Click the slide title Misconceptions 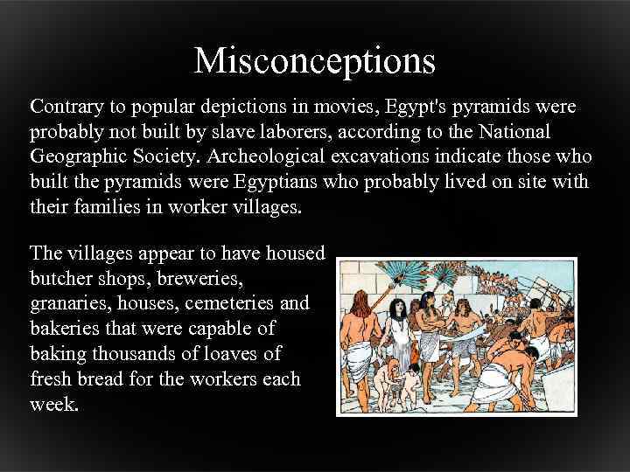click(x=314, y=61)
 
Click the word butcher click(x=60, y=279)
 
